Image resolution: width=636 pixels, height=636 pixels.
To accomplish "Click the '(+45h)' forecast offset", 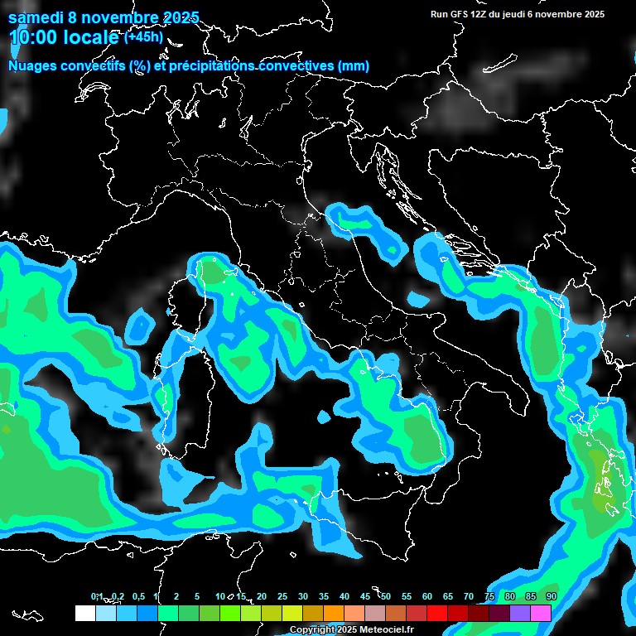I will (143, 36).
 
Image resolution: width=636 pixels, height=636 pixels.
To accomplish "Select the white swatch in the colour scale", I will (85, 613).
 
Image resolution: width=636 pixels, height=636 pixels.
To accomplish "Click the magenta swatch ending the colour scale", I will (541, 613).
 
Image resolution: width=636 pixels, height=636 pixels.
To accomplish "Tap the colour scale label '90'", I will (551, 596).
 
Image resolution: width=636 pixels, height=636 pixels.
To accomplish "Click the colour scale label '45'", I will (365, 596).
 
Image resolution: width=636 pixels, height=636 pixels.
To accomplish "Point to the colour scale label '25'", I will (282, 596).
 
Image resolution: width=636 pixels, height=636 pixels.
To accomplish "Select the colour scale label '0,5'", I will (137, 596).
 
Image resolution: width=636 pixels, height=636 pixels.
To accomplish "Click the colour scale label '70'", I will (469, 596).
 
